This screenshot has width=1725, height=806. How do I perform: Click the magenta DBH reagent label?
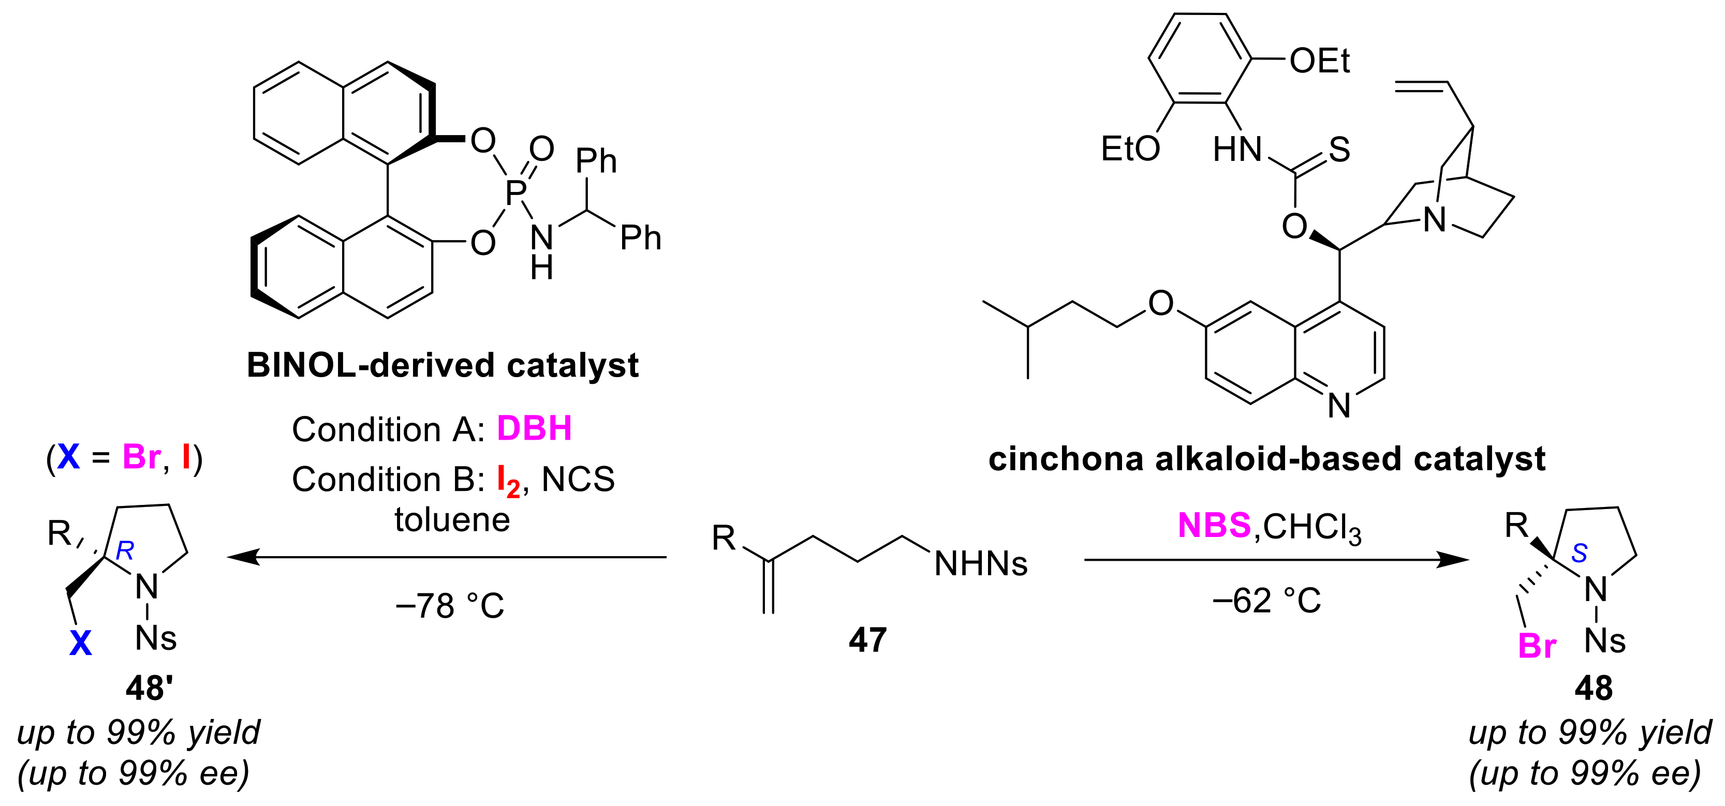534,428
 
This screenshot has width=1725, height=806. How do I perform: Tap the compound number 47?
867,640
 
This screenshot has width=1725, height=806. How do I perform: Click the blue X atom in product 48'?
80,644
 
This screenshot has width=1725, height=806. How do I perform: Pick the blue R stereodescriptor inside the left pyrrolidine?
125,551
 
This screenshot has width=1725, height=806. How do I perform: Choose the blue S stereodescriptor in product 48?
1579,553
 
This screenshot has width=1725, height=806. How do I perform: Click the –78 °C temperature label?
449,606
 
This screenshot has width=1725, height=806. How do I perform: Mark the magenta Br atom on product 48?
1537,647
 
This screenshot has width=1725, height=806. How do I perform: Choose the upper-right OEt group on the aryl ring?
1319,61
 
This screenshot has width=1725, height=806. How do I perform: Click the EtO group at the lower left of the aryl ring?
1130,148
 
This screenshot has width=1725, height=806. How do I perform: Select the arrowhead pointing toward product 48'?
242,557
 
